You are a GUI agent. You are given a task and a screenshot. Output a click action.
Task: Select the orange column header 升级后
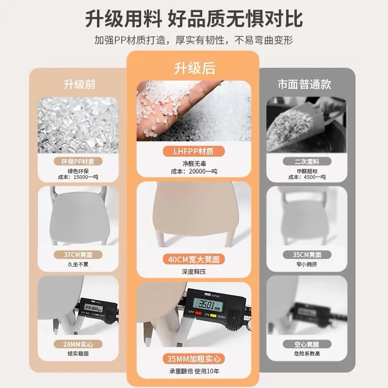(194, 68)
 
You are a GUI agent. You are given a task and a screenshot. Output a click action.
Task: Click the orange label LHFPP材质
(194, 151)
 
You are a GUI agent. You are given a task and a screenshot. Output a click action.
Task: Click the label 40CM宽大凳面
(194, 259)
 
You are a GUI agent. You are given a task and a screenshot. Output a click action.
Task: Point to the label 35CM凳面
(307, 254)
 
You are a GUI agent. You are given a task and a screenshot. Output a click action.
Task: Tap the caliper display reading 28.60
(91, 307)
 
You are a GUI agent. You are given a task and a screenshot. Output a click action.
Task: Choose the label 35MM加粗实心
(194, 359)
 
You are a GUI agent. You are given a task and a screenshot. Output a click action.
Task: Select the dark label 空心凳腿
(307, 344)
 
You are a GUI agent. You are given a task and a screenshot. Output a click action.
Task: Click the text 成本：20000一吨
(194, 171)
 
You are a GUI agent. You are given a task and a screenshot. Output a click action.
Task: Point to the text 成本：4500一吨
(307, 177)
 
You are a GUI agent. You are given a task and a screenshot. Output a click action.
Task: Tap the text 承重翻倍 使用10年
(194, 372)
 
